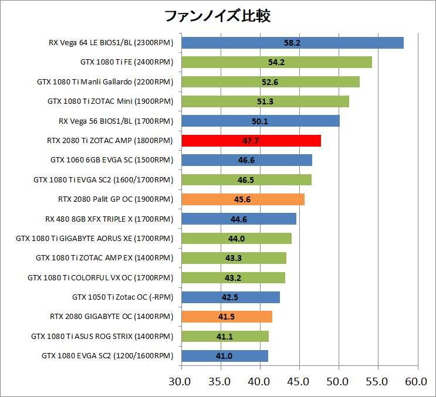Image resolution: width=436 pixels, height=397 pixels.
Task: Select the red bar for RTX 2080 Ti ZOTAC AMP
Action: coord(251,141)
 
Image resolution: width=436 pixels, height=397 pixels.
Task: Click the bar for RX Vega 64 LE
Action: coord(292,43)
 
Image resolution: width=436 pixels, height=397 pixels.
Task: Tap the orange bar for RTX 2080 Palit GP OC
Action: coord(243,199)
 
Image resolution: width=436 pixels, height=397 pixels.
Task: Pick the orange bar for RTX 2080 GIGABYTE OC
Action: coord(227,317)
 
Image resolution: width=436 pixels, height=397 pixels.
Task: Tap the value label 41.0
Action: coord(225,356)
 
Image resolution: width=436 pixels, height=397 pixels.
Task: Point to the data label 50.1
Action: coord(261,121)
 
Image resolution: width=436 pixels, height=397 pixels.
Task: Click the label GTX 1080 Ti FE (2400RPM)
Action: coord(127,62)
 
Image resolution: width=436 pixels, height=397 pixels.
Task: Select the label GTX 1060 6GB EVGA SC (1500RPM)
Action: coord(112,160)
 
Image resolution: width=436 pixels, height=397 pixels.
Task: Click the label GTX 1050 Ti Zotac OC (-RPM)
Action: coord(123,297)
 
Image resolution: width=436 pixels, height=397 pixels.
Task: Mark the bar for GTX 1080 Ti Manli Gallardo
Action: coord(271,82)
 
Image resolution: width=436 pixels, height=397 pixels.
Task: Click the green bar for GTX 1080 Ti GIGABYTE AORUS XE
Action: coord(236,238)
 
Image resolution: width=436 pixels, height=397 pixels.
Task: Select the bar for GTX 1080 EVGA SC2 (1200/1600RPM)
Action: coord(225,356)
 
